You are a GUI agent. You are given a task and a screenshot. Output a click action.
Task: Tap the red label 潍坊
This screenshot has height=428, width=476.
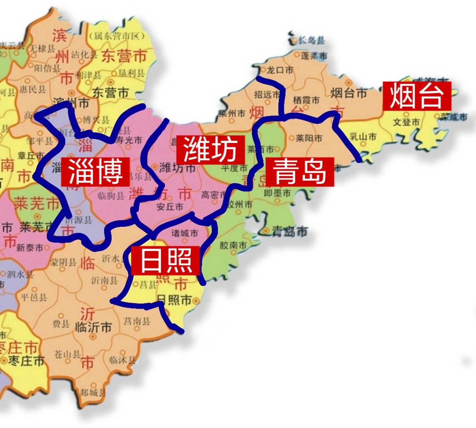pyautogui.click(x=211, y=150)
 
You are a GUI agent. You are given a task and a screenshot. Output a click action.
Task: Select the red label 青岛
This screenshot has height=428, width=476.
pyautogui.click(x=300, y=172)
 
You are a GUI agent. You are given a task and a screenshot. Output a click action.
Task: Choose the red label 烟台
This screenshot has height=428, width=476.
pyautogui.click(x=417, y=96)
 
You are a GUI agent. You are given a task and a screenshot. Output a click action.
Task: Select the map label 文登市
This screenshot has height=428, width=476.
pyautogui.click(x=406, y=122)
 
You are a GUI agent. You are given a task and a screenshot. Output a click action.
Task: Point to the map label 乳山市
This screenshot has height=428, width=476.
pyautogui.click(x=363, y=136)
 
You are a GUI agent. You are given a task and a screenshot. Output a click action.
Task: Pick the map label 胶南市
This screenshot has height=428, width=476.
pyautogui.click(x=233, y=245)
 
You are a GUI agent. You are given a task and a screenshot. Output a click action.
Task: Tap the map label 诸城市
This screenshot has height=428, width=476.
pyautogui.click(x=185, y=233)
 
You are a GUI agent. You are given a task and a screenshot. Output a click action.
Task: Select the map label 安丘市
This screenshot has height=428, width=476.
pyautogui.click(x=170, y=207)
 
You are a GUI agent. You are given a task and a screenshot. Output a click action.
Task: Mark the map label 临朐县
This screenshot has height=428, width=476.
pyautogui.click(x=111, y=196)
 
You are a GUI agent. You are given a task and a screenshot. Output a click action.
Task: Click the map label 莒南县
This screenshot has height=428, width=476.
pyautogui.click(x=137, y=321)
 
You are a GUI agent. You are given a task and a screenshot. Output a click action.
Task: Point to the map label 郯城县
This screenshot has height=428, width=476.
pyautogui.click(x=93, y=392)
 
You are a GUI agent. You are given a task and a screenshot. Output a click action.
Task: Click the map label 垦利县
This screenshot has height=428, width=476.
pyautogui.click(x=132, y=73)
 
